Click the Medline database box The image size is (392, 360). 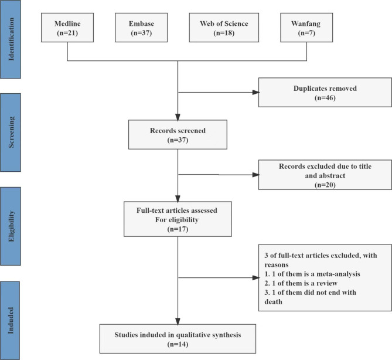pos(67,28)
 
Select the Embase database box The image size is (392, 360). pos(141,28)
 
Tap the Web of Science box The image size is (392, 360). pos(224,28)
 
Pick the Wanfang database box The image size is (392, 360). pos(306,28)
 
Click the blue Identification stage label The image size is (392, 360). pos(10,39)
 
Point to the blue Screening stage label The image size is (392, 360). pos(10,133)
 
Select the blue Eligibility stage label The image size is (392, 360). pos(10,226)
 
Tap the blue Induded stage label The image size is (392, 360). pos(10,321)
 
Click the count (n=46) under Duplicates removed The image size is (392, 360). pos(325,98)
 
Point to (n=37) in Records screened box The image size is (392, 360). pos(178,140)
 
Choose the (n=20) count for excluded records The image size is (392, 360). pos(325,185)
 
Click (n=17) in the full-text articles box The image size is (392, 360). pos(178,229)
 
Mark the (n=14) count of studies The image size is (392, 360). pos(178,344)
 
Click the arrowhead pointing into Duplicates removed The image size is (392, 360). pos(256,92)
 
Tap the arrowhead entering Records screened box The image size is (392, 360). pos(178,117)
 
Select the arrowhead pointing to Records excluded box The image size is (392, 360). pos(256,175)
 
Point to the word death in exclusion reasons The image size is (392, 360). pos(273,302)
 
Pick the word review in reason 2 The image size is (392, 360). pos(327,283)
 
